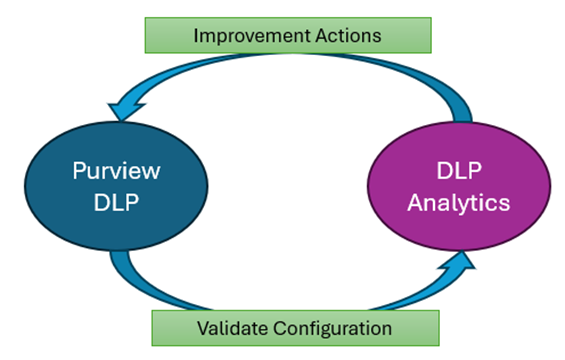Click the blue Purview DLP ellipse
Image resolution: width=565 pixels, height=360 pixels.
tap(115, 185)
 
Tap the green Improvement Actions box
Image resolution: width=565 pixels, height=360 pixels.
tap(287, 35)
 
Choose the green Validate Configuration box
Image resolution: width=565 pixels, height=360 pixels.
tap(294, 327)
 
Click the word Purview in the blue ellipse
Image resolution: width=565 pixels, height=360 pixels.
tap(115, 169)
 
